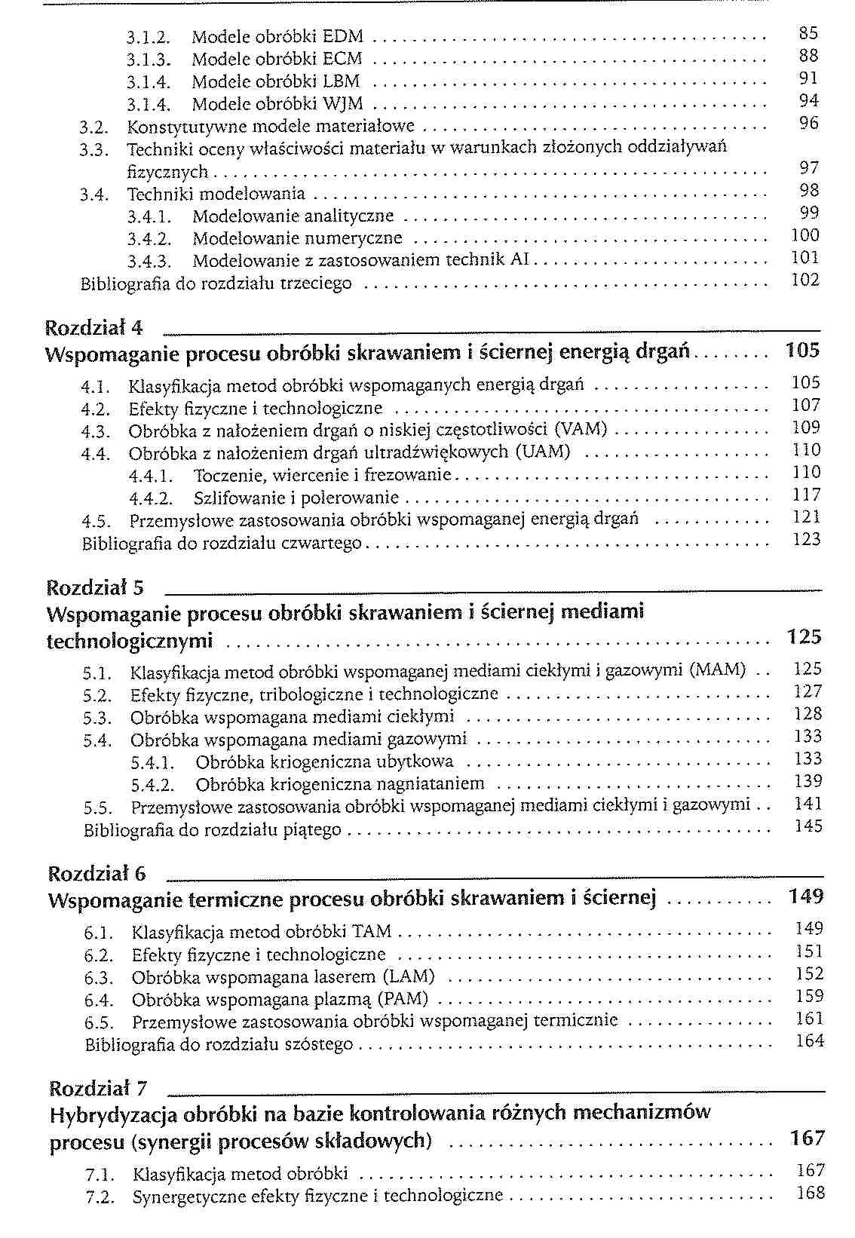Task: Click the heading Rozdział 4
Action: (x=94, y=328)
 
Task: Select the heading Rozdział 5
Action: (x=96, y=587)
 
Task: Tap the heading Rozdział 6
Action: (x=97, y=874)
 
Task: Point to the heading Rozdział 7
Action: (x=98, y=1089)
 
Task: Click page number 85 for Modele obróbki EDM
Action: (x=808, y=33)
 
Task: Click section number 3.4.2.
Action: (x=149, y=240)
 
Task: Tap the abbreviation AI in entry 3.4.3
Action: (x=519, y=261)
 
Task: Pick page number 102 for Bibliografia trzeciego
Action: (x=805, y=280)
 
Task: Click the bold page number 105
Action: (x=802, y=351)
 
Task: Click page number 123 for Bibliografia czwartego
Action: (x=806, y=540)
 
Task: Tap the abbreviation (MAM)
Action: (x=717, y=670)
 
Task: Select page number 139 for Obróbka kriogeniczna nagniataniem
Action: (x=808, y=782)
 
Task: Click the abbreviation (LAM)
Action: (x=409, y=978)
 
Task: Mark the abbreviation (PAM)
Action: (x=402, y=1001)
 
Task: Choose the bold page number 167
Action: (x=807, y=1138)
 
